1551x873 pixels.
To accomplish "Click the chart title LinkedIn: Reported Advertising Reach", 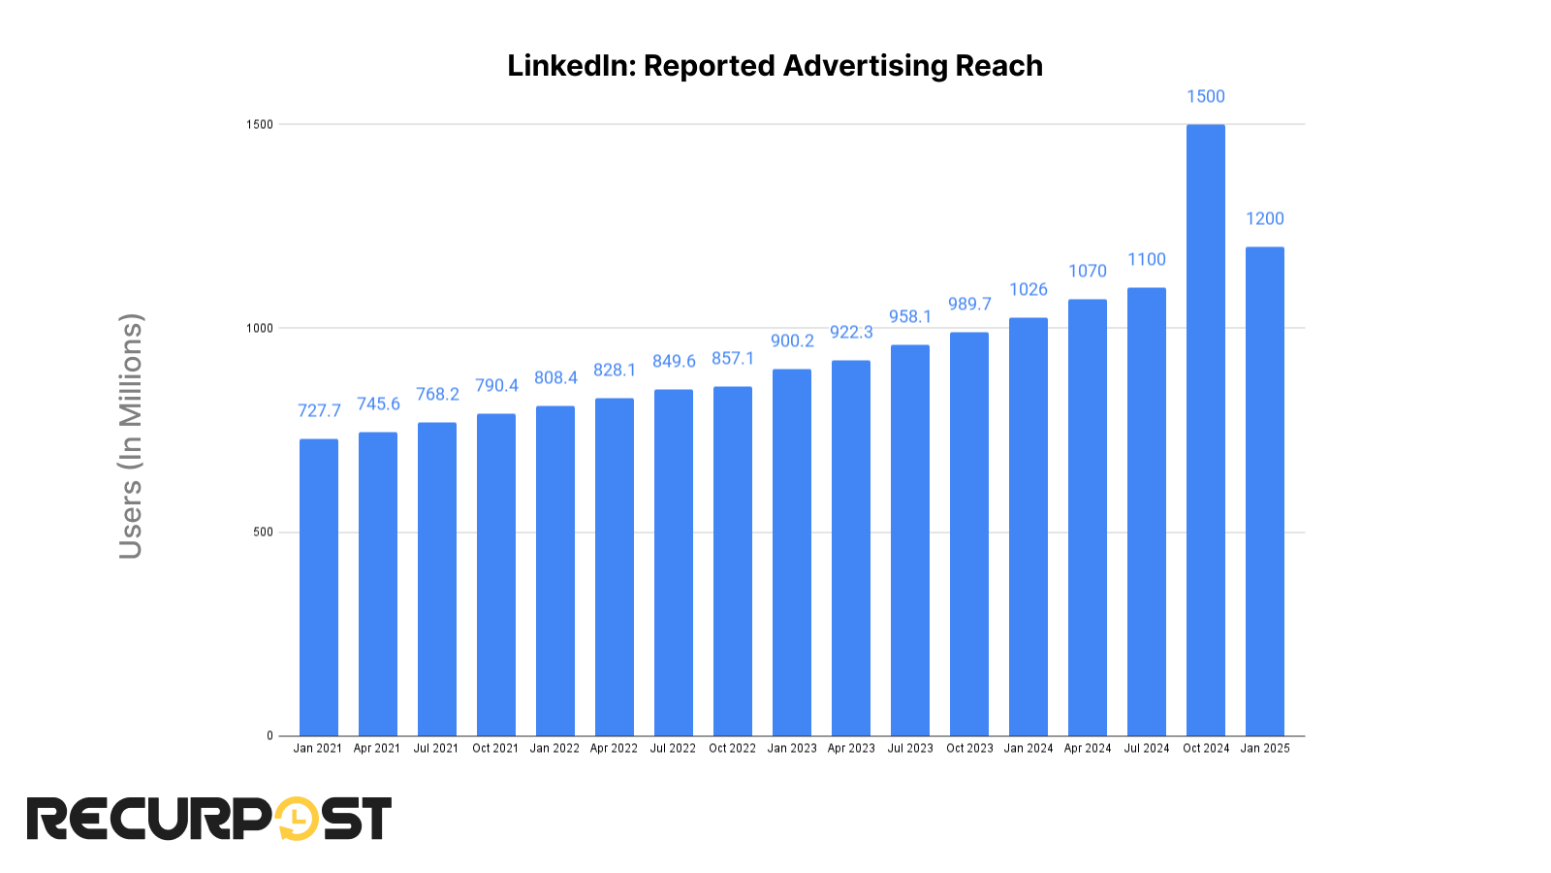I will [x=775, y=66].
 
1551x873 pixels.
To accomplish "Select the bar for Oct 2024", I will [x=1205, y=431].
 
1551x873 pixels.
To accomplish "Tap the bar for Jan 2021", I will [x=319, y=587].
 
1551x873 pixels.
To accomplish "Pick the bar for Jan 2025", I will [x=1264, y=491].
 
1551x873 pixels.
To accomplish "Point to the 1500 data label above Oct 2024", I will [x=1205, y=96].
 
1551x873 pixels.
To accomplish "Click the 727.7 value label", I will [x=319, y=410].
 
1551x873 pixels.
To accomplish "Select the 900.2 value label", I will [x=792, y=340].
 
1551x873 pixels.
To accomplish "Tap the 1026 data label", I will [x=1028, y=289].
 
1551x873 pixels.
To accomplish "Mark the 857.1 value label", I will [x=733, y=358].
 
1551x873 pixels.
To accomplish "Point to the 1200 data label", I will [x=1264, y=218].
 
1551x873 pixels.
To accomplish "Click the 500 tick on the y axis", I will [x=263, y=532].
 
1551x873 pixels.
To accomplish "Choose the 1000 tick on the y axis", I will [x=260, y=328].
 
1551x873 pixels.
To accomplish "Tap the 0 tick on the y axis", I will [x=269, y=735].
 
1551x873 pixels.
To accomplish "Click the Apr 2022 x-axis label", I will [x=614, y=748].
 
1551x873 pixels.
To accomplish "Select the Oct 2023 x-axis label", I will [x=969, y=748].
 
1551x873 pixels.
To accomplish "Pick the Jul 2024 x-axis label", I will [x=1146, y=748].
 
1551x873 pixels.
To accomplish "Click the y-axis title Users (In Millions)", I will [x=131, y=436].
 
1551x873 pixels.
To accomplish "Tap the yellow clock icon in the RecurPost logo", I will [x=298, y=819].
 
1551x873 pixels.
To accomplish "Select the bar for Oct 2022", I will [x=733, y=561].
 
